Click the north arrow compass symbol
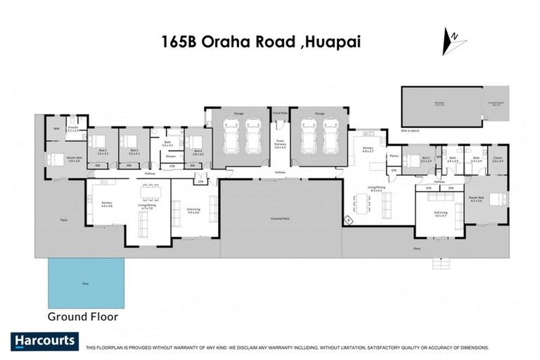(454, 41)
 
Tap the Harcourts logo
(44, 342)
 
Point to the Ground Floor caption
(82, 316)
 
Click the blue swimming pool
(86, 283)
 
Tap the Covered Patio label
(281, 219)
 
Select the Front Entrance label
(281, 145)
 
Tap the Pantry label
(394, 155)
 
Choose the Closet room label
(497, 159)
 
